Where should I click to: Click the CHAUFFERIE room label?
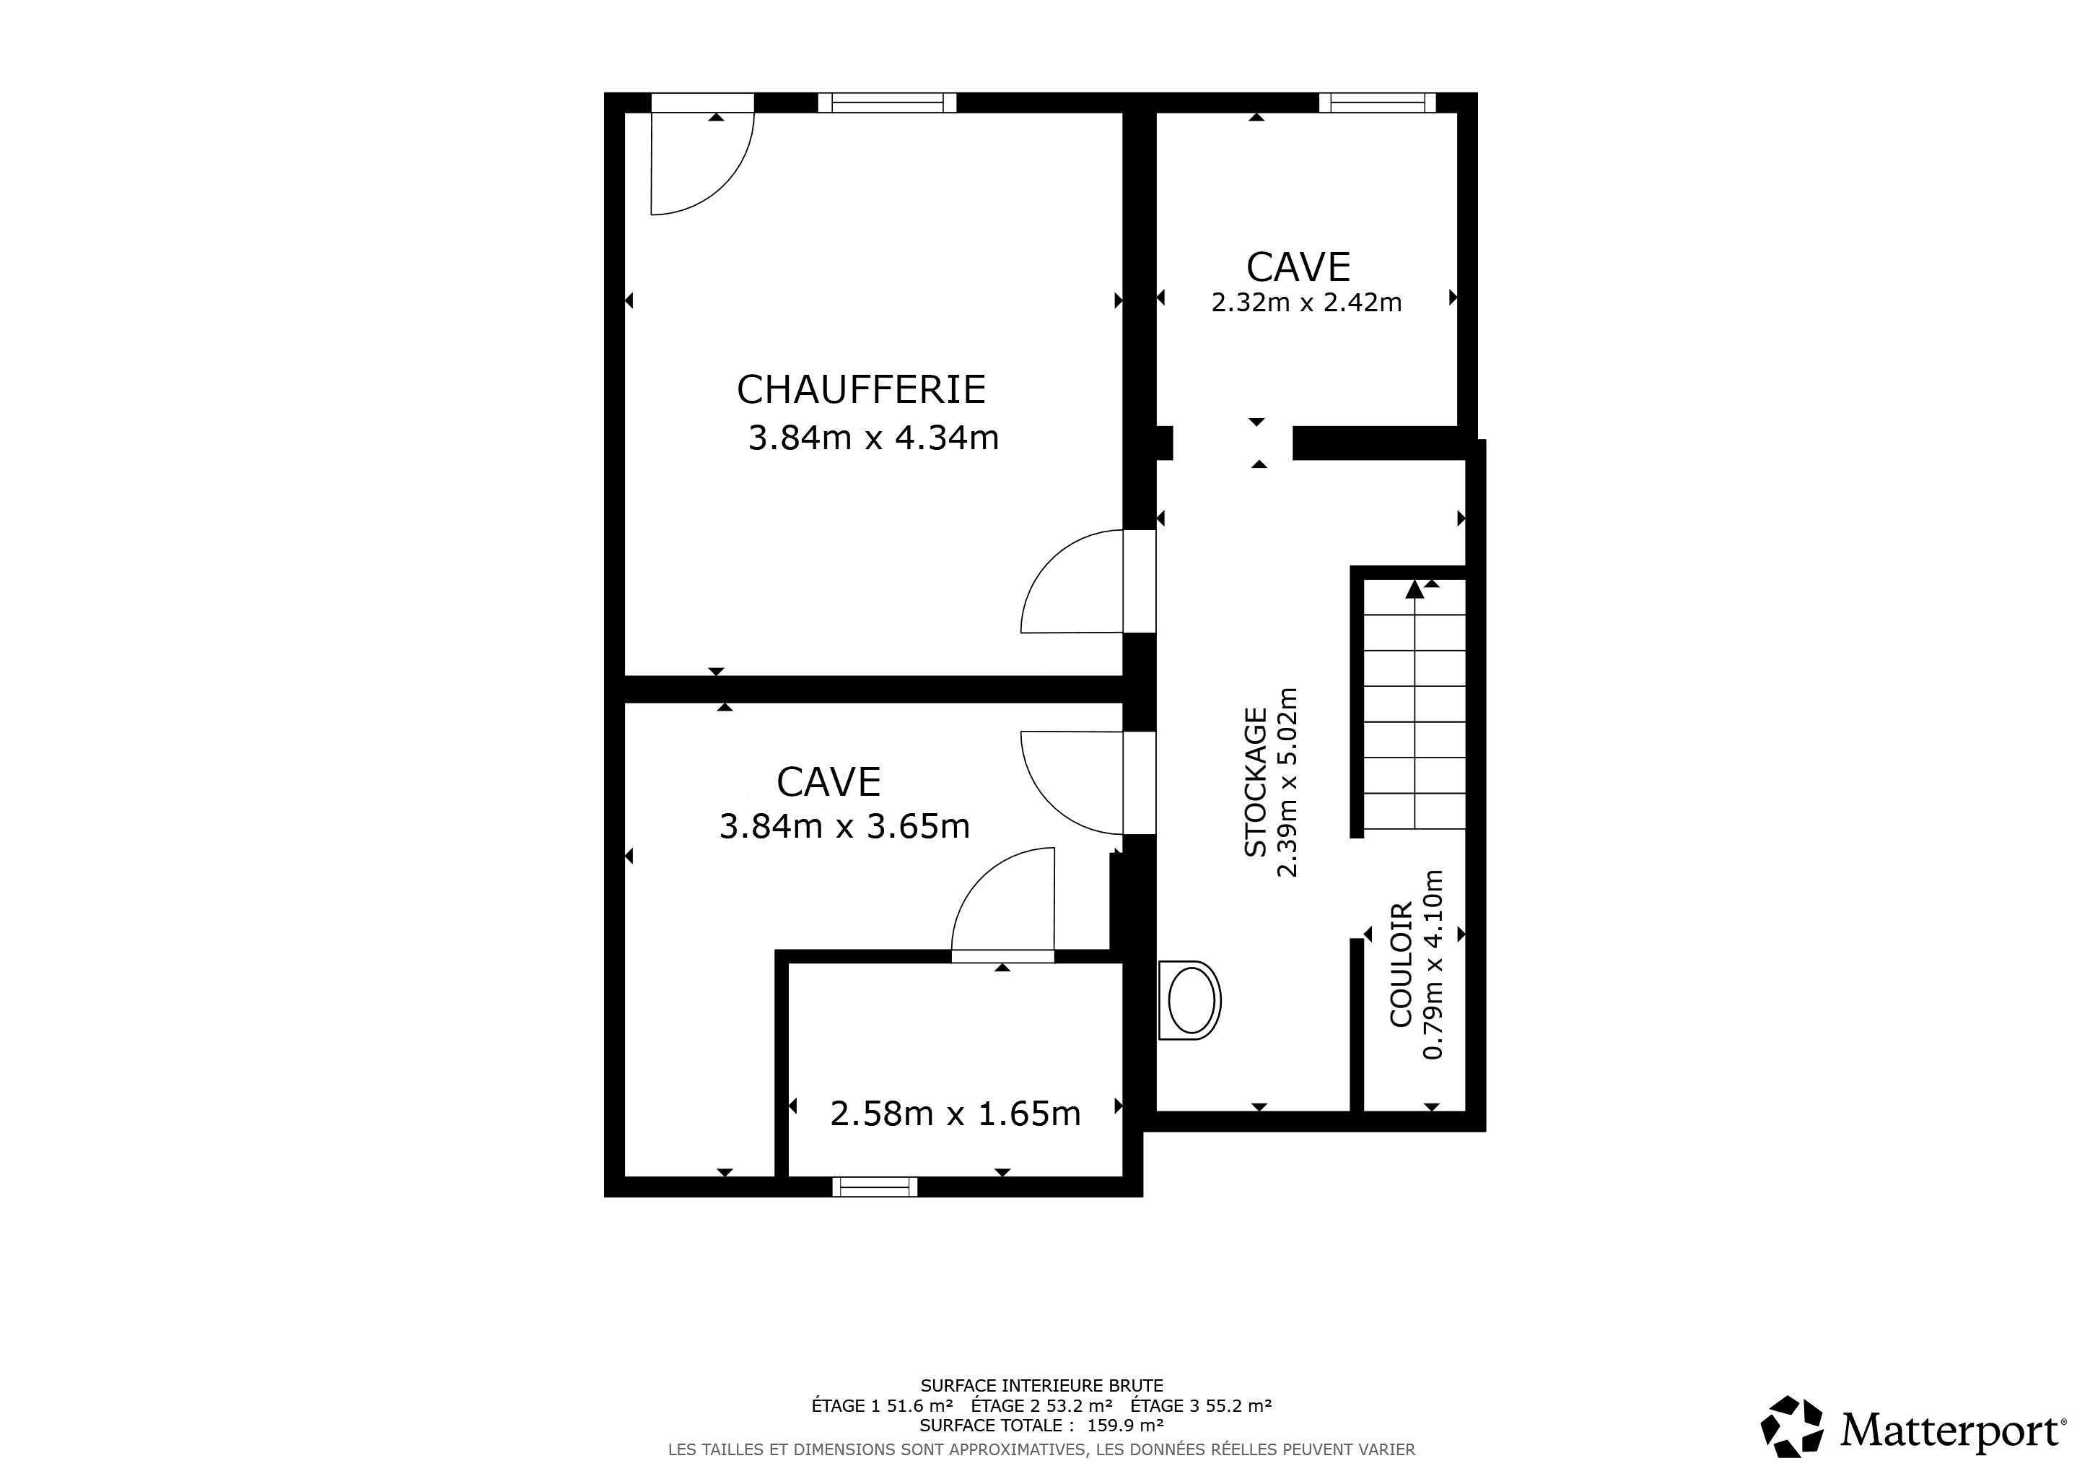click(x=861, y=390)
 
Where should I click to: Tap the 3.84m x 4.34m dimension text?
click(x=874, y=438)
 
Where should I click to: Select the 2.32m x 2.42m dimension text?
click(x=1306, y=303)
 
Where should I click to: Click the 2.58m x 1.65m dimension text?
click(x=956, y=1113)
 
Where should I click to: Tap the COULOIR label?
click(x=1402, y=964)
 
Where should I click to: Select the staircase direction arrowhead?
click(x=1414, y=589)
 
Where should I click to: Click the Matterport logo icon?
click(x=1791, y=1426)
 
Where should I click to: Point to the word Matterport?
click(x=1951, y=1430)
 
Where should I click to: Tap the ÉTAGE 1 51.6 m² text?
click(x=882, y=1405)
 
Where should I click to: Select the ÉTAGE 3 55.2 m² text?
click(x=1202, y=1405)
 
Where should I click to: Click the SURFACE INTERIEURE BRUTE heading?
click(x=1042, y=1386)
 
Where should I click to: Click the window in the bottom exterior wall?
click(x=875, y=1186)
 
